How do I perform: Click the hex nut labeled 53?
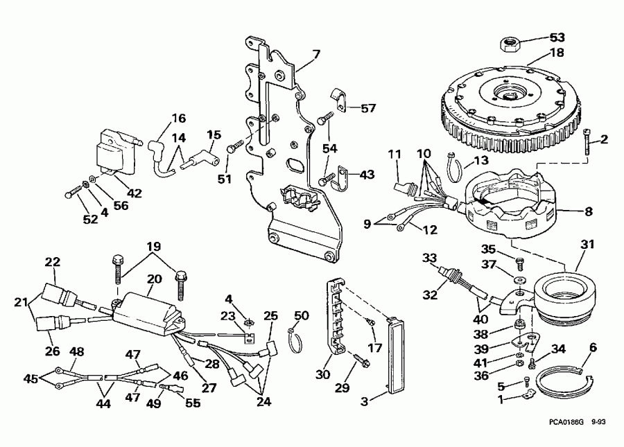(512, 45)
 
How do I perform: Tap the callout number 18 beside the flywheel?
(557, 52)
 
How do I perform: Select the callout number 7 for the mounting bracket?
(317, 53)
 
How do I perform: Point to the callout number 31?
(588, 245)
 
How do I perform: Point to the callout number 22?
(53, 262)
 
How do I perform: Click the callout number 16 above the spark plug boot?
(159, 117)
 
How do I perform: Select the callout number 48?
(77, 351)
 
